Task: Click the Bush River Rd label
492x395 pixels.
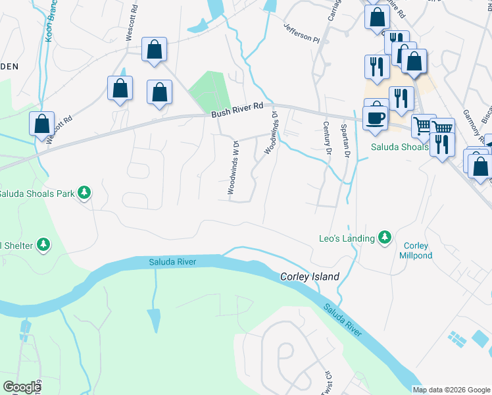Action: point(237,109)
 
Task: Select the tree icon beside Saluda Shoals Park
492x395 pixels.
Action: point(84,193)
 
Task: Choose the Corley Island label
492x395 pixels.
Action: point(310,277)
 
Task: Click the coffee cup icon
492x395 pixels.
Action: point(376,118)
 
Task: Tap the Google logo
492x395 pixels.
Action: point(22,387)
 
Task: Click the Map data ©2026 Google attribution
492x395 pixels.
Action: point(451,390)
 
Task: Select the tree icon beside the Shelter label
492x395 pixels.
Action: point(43,246)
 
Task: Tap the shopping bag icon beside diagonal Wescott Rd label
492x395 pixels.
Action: point(41,124)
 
